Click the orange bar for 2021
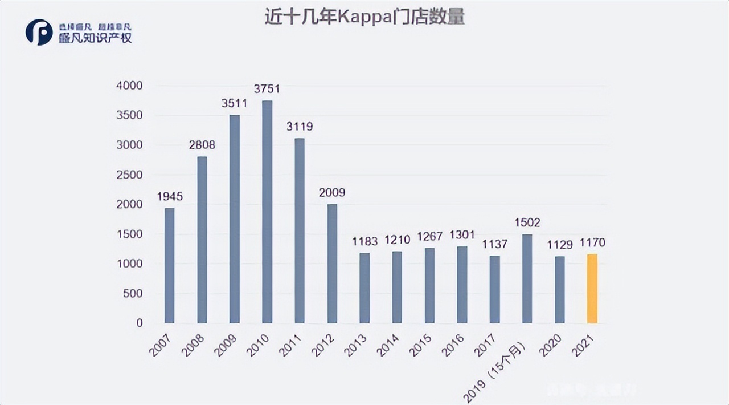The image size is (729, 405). [592, 289]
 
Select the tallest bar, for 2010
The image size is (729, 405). [267, 212]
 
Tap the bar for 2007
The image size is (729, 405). [169, 265]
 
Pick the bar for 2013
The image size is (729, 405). [364, 288]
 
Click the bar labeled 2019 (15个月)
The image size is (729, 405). [527, 278]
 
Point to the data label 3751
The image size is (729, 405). [267, 89]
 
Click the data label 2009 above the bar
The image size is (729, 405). [332, 193]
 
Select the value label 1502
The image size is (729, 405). [527, 222]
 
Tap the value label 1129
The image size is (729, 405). [559, 244]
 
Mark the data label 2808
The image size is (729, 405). [202, 145]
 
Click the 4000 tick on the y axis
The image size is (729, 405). [130, 86]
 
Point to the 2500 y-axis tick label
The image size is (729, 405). [130, 175]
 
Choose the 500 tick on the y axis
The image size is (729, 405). [134, 293]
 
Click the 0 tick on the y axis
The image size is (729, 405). [140, 323]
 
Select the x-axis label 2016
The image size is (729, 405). [453, 346]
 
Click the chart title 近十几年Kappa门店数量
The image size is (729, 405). [364, 17]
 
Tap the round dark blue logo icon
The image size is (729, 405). [39, 32]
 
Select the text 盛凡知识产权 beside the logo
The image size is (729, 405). [95, 38]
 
